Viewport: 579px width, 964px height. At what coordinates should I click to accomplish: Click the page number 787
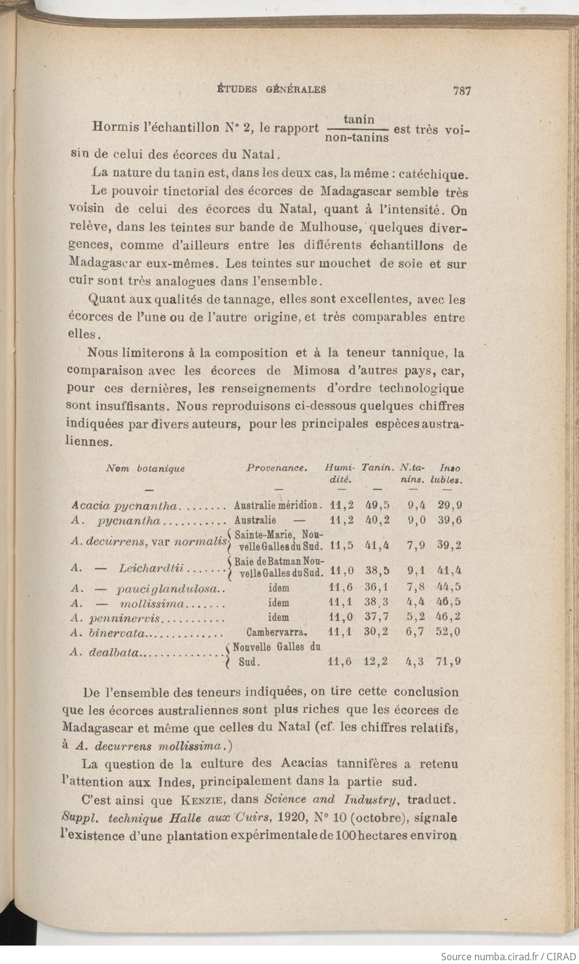[x=461, y=90]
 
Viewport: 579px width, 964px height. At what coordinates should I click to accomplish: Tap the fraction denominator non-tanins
[x=357, y=138]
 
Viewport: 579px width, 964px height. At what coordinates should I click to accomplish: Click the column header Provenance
[x=277, y=468]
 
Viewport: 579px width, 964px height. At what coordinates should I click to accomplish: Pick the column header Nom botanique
[x=145, y=468]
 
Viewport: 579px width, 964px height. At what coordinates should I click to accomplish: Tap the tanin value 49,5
[x=378, y=505]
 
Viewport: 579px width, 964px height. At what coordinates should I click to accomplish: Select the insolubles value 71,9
[x=450, y=662]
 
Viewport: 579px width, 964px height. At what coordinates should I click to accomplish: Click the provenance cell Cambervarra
[x=277, y=632]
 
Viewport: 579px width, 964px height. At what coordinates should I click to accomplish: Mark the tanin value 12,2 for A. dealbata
[x=376, y=662]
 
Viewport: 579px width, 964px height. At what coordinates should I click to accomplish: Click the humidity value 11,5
[x=341, y=545]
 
